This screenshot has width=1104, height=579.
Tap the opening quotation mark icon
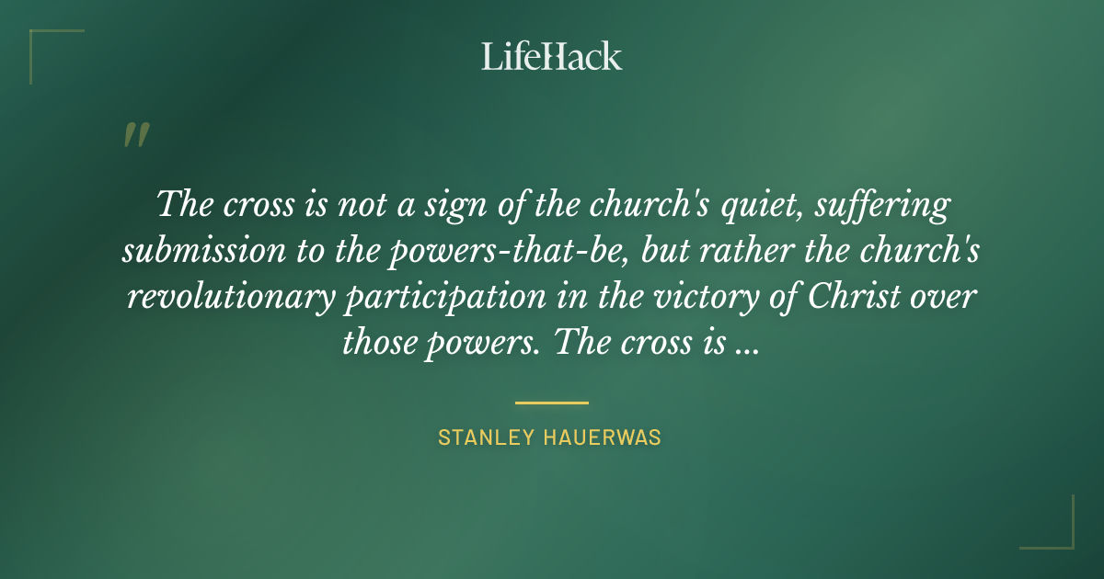(135, 135)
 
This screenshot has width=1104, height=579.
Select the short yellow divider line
(552, 403)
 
